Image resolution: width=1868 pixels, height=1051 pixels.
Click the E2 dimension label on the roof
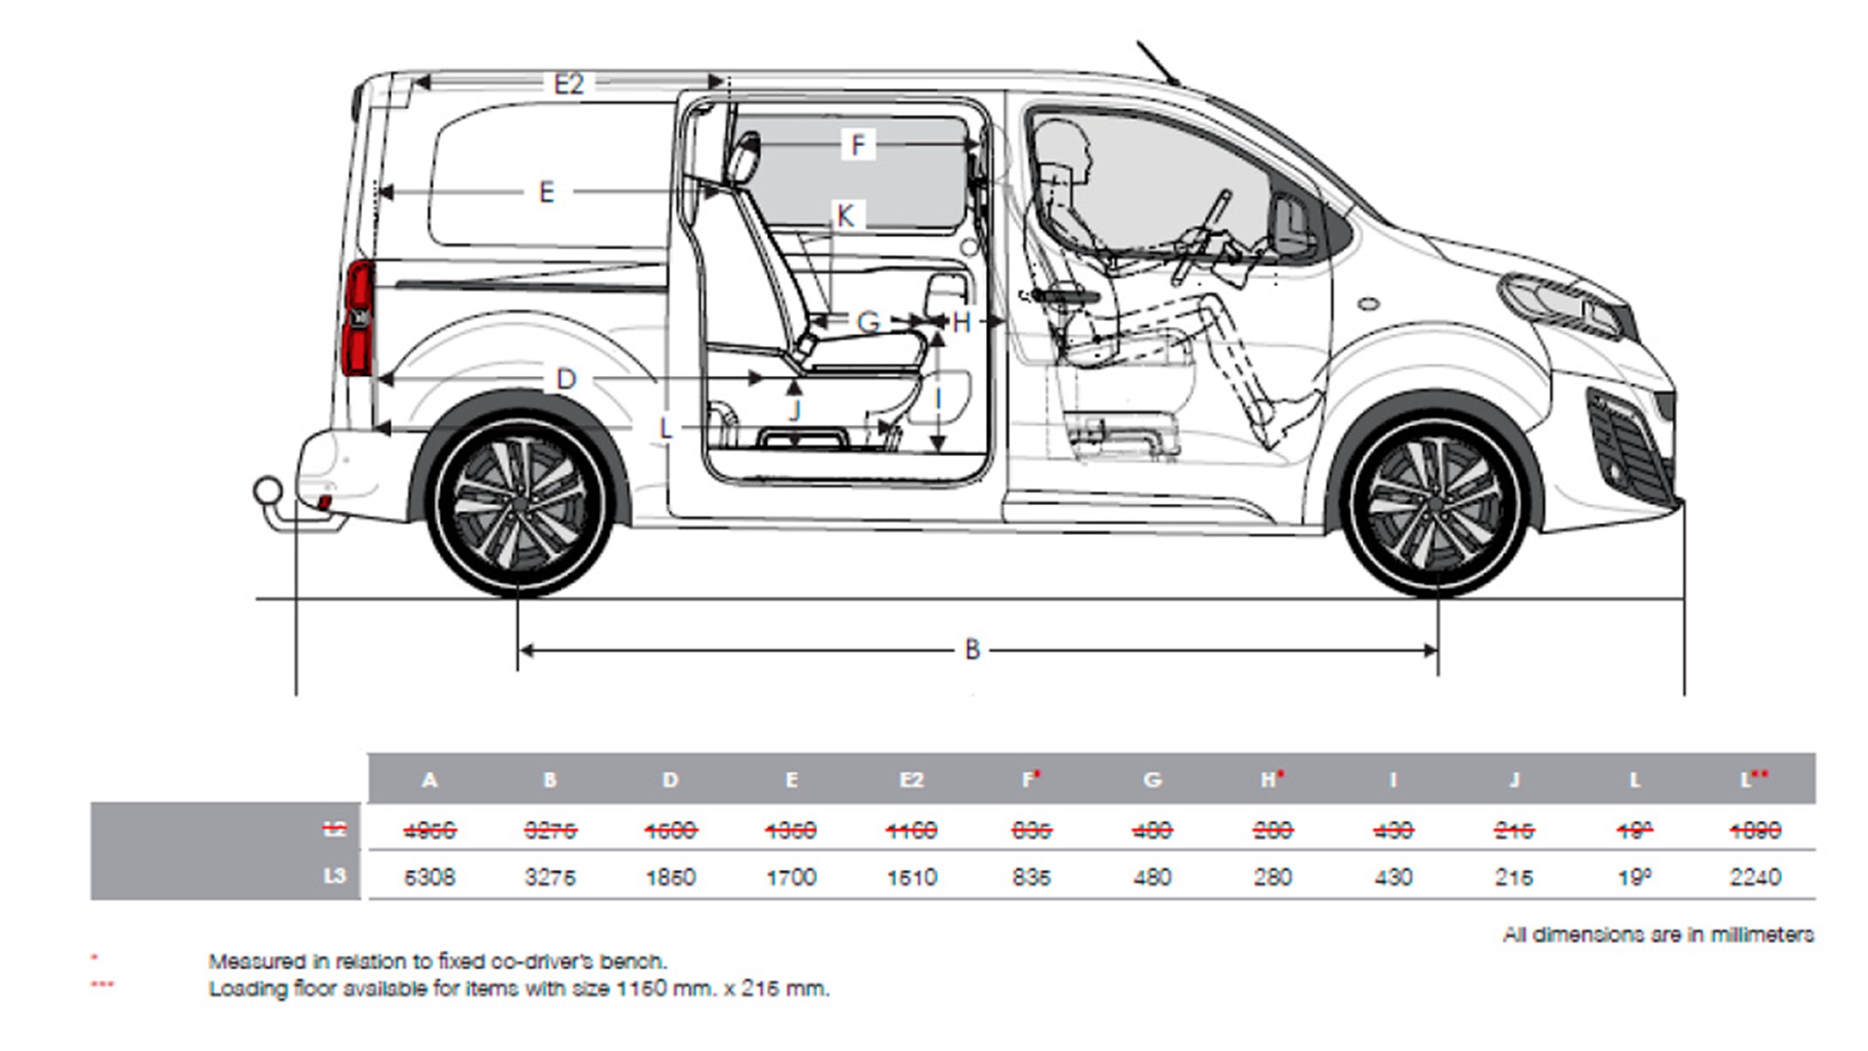coord(568,85)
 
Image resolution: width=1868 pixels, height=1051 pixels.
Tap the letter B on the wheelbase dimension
coord(972,649)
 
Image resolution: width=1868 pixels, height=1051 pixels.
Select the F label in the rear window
coord(858,145)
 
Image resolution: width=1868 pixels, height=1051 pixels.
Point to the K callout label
coord(846,216)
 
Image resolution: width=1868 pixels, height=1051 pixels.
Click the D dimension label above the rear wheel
coord(566,379)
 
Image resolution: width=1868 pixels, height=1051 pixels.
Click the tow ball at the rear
coord(268,490)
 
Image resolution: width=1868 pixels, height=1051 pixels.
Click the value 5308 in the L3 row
coord(429,877)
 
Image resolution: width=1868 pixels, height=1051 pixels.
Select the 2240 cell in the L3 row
coord(1755,877)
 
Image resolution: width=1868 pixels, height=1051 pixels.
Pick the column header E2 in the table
coord(911,780)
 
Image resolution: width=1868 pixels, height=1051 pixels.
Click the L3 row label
coord(335,875)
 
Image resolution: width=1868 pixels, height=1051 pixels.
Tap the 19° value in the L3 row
coord(1634,877)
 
